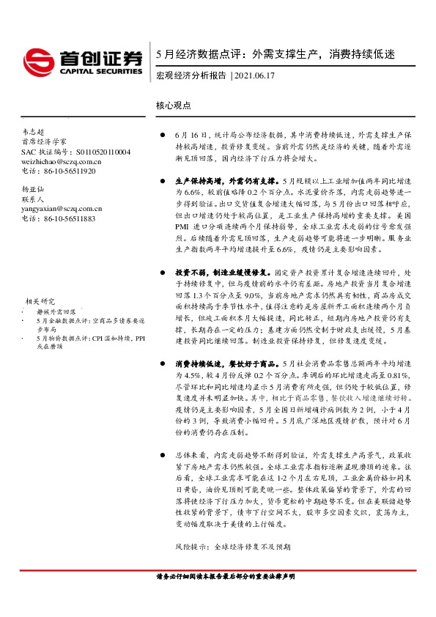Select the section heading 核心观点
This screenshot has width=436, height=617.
coord(174,106)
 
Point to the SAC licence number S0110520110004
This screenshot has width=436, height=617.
coord(91,151)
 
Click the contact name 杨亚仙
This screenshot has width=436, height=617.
coord(33,189)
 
